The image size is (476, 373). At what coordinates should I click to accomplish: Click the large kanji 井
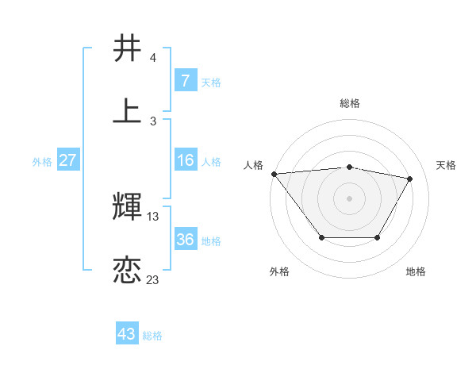tap(128, 48)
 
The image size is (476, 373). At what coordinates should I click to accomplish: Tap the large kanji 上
tap(128, 111)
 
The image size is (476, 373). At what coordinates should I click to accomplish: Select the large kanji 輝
tap(128, 206)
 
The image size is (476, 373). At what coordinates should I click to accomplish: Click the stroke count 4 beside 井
tap(153, 58)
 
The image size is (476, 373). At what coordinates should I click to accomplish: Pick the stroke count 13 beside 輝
tap(153, 216)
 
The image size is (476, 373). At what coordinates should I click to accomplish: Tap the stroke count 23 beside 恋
tap(153, 279)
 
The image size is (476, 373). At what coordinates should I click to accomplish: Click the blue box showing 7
tap(185, 81)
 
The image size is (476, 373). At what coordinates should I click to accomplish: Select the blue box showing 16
tap(185, 160)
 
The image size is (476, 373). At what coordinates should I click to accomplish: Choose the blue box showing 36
tap(185, 240)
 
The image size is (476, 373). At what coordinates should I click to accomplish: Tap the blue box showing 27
tap(67, 160)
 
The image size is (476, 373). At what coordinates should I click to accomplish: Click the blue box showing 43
tap(126, 334)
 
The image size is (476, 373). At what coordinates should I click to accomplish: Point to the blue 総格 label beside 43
tap(153, 336)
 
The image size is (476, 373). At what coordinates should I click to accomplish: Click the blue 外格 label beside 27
tap(42, 162)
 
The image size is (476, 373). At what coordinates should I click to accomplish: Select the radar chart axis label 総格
tap(349, 103)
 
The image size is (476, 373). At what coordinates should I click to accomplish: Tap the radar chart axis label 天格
tap(446, 165)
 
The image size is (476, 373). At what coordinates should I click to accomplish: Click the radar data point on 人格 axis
tap(274, 174)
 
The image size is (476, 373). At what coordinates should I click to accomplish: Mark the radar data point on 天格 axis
tap(409, 179)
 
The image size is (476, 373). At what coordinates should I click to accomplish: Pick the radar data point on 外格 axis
tap(321, 237)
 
